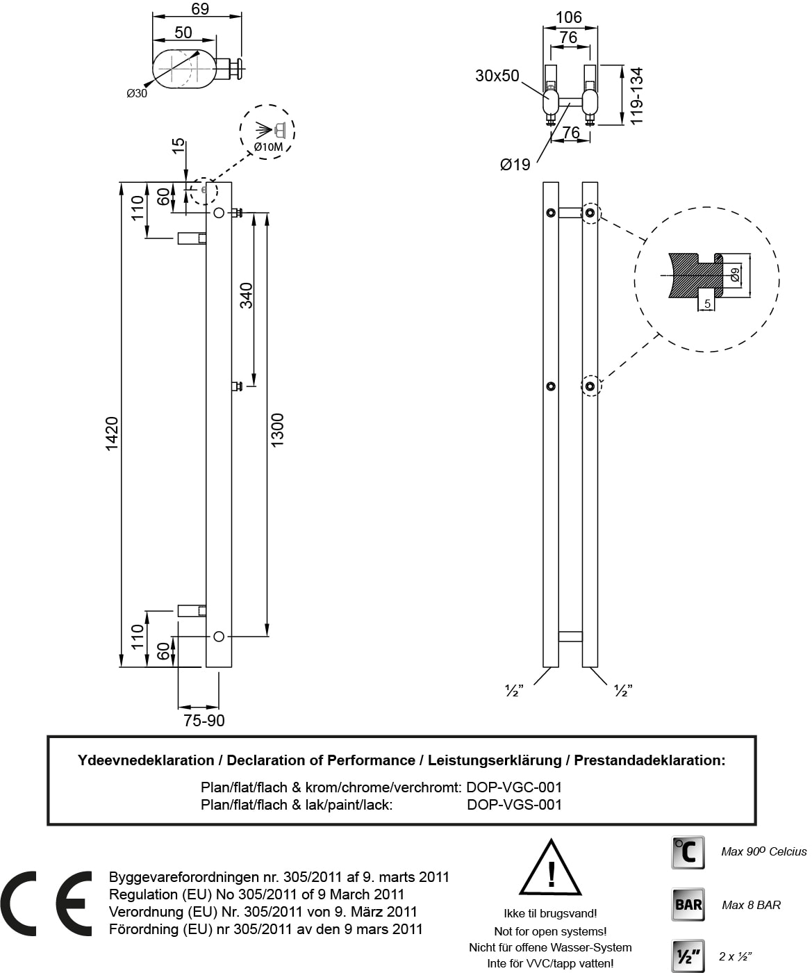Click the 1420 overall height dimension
(x=112, y=434)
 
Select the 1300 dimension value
(x=277, y=430)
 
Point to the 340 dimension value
(x=246, y=295)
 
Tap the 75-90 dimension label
(x=204, y=721)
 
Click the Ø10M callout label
(x=268, y=147)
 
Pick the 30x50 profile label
(x=497, y=76)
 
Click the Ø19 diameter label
(x=515, y=165)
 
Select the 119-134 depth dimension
(x=636, y=95)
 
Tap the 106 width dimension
(x=569, y=17)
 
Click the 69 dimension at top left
(x=200, y=9)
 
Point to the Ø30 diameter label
(x=137, y=94)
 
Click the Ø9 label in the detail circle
(x=735, y=275)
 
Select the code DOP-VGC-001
(x=514, y=787)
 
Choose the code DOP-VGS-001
(x=514, y=804)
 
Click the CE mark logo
(x=46, y=903)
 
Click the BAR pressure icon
(x=688, y=904)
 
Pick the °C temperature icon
(x=688, y=852)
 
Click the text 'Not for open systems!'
(x=550, y=931)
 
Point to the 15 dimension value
(x=179, y=147)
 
